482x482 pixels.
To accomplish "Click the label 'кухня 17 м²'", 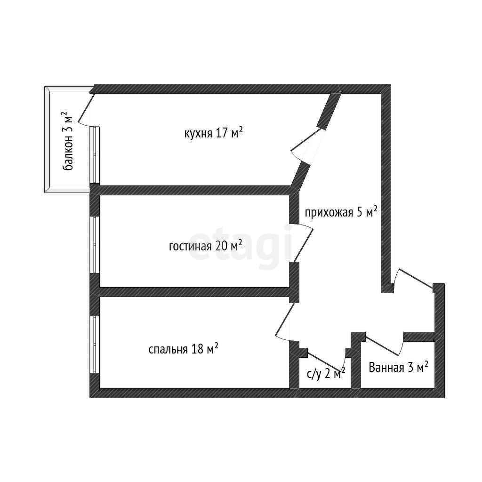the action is tap(213, 133).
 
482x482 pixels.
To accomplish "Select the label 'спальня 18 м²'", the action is tap(183, 349).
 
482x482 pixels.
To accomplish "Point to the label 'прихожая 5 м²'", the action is tap(341, 212).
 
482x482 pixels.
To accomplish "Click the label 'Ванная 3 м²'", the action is tap(398, 367).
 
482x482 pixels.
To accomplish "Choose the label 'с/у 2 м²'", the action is tap(326, 374).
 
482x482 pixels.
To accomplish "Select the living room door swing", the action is tap(303, 242).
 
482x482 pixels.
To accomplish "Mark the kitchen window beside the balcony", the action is tap(95, 154).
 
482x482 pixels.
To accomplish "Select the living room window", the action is tap(95, 244).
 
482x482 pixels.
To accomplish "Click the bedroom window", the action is tap(95, 345).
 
